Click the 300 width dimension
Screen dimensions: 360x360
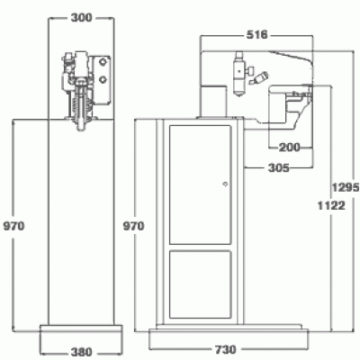pyautogui.click(x=81, y=17)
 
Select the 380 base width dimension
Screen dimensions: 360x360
pyautogui.click(x=81, y=352)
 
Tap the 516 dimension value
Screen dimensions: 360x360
pyautogui.click(x=256, y=35)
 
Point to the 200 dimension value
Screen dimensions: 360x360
pyautogui.click(x=289, y=148)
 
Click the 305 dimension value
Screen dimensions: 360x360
pyautogui.click(x=279, y=168)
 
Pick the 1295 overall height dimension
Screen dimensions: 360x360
pyautogui.click(x=346, y=187)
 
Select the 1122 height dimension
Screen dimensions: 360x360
pyautogui.click(x=331, y=206)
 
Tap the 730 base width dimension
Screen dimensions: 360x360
pyautogui.click(x=225, y=349)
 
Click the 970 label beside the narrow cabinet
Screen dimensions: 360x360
pyautogui.click(x=13, y=226)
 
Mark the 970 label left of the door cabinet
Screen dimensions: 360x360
pyautogui.click(x=134, y=226)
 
